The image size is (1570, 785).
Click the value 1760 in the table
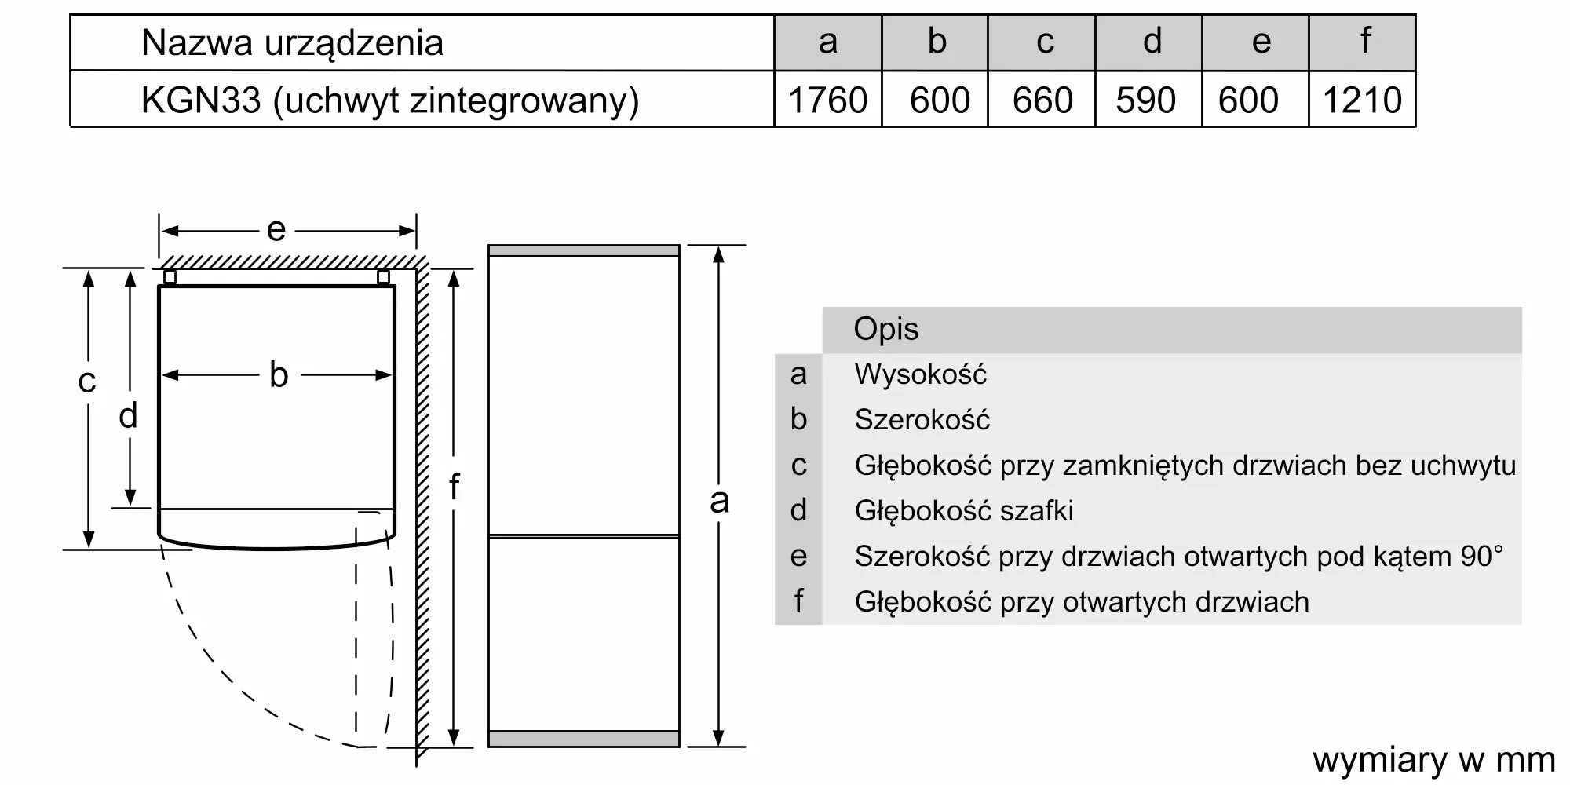tap(827, 100)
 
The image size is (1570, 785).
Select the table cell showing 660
tap(1042, 100)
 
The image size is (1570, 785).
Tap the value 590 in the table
tap(1146, 100)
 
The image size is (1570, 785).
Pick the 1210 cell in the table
tap(1362, 100)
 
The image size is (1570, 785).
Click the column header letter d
tap(1152, 42)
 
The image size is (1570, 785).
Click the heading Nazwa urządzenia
tap(292, 43)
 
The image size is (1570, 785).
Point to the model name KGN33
tap(201, 100)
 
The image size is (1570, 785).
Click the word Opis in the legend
tap(885, 329)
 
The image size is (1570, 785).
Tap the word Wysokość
tap(920, 374)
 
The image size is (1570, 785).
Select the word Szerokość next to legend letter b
tap(922, 420)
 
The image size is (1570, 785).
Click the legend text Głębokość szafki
tap(964, 511)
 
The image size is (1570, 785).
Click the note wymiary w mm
tap(1433, 760)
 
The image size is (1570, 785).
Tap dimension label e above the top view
tap(276, 230)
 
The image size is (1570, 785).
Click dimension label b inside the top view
tap(279, 375)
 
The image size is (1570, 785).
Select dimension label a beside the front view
tap(719, 501)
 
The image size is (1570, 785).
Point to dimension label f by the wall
tap(454, 487)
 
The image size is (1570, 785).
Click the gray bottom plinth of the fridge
tap(583, 739)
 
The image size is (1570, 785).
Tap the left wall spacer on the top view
tap(170, 277)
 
